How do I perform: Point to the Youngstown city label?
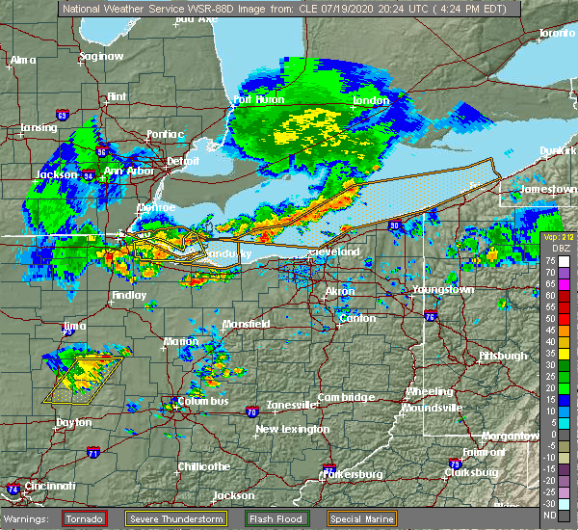(442, 289)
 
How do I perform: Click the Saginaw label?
(101, 56)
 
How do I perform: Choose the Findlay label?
(129, 295)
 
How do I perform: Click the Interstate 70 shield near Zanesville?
(251, 411)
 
